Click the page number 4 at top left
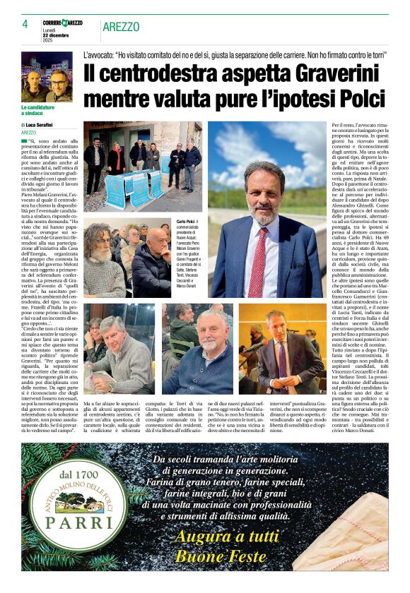pos(24,24)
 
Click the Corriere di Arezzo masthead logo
pos(62,23)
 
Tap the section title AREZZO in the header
pos(121,27)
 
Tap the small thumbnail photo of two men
pos(46,77)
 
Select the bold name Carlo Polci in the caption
pos(186,222)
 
